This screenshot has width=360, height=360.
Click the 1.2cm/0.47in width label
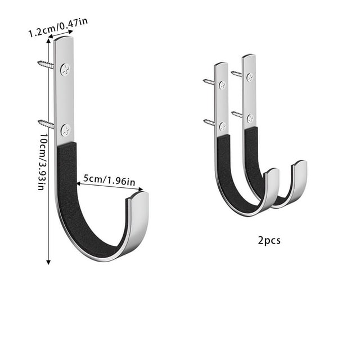(58, 27)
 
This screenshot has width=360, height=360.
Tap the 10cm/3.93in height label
(42, 161)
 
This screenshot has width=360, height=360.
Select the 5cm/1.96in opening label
(109, 180)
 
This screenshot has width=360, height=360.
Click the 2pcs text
(269, 241)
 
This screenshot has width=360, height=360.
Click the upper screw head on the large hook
(65, 70)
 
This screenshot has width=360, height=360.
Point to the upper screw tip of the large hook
(39, 62)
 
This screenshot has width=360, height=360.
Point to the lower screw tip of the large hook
(39, 121)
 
